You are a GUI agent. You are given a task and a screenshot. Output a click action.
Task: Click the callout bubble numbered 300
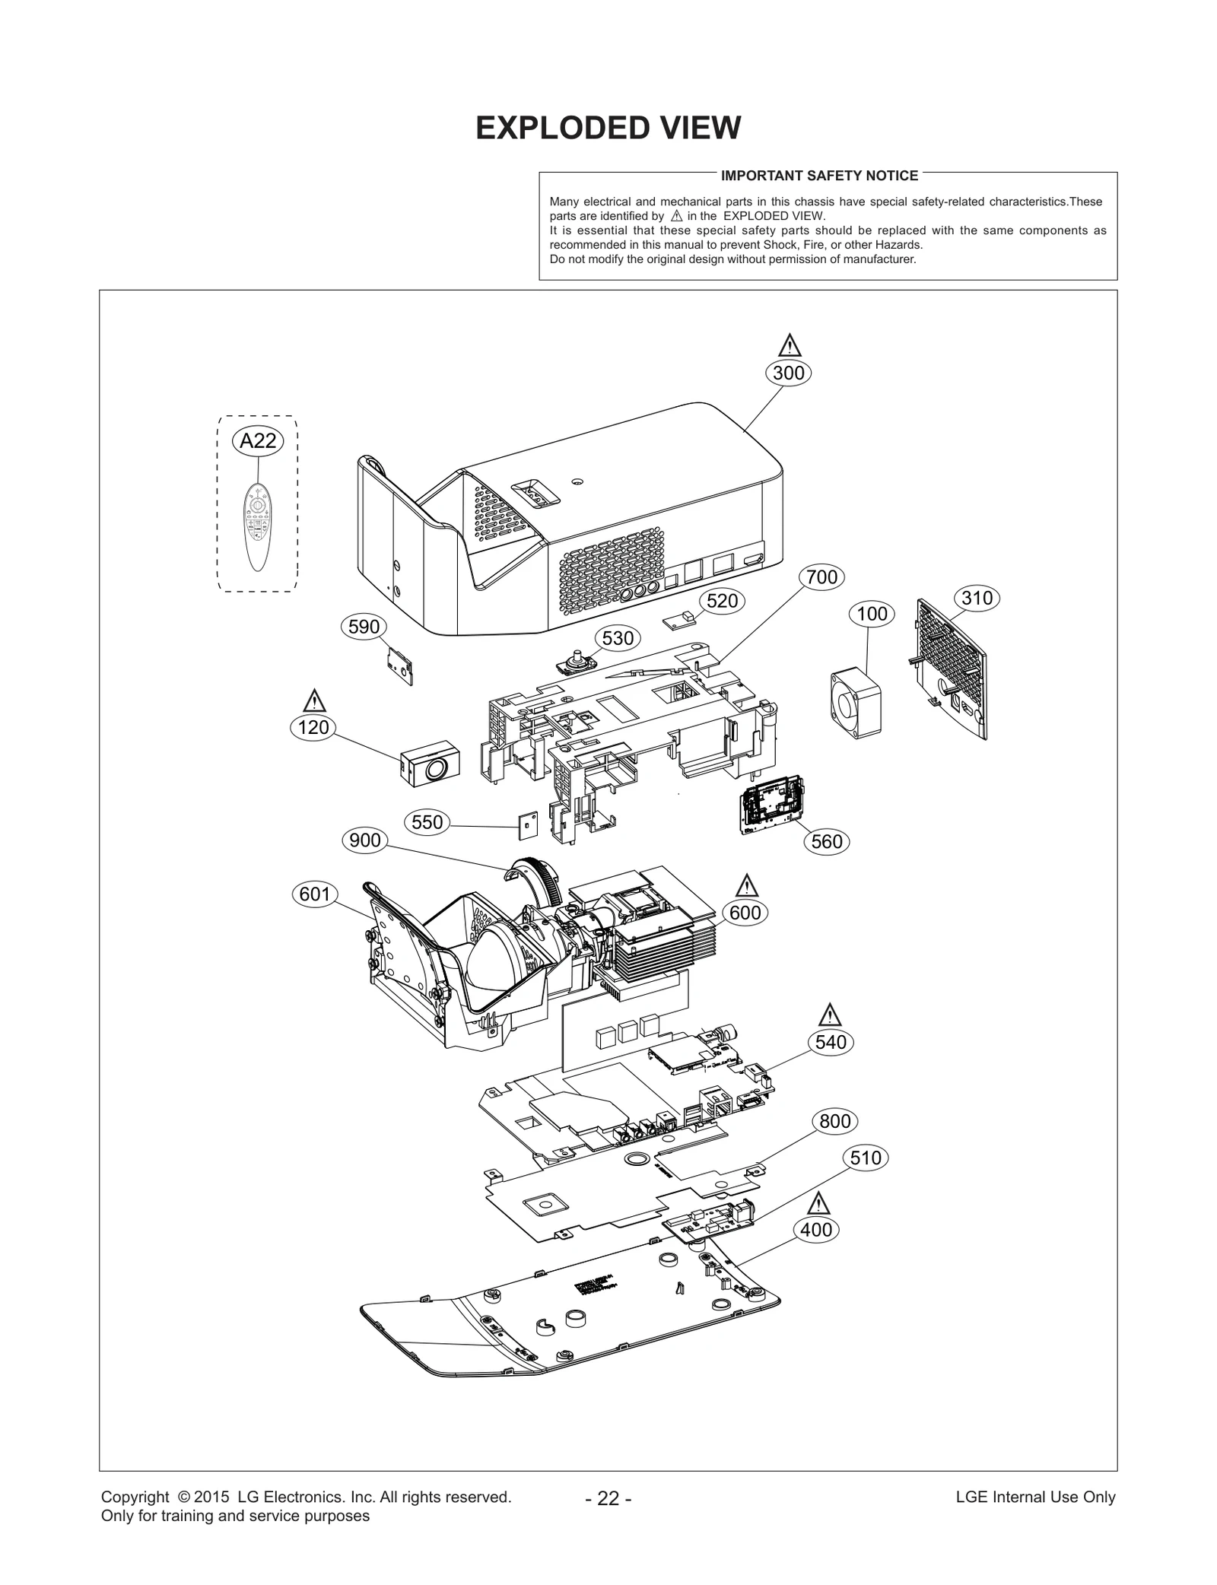(788, 373)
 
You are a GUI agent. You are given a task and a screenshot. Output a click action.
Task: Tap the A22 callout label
(258, 440)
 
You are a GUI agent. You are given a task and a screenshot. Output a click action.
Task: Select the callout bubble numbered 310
(977, 598)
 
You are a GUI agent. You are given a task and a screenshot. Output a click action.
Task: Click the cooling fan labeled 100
(856, 704)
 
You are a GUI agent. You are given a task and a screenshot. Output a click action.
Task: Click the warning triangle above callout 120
(313, 700)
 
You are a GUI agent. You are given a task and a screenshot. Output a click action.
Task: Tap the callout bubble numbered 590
(364, 627)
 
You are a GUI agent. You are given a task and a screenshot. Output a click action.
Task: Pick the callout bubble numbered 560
(827, 841)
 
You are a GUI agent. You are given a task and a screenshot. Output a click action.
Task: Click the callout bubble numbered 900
(365, 840)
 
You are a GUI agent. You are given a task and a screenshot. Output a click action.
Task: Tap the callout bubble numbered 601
(314, 894)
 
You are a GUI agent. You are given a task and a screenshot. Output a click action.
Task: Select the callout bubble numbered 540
(831, 1042)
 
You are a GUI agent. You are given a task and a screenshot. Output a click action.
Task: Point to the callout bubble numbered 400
(817, 1230)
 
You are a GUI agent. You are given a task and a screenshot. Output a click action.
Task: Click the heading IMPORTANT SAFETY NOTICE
(819, 176)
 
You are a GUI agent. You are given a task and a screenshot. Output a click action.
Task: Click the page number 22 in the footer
(608, 1498)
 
